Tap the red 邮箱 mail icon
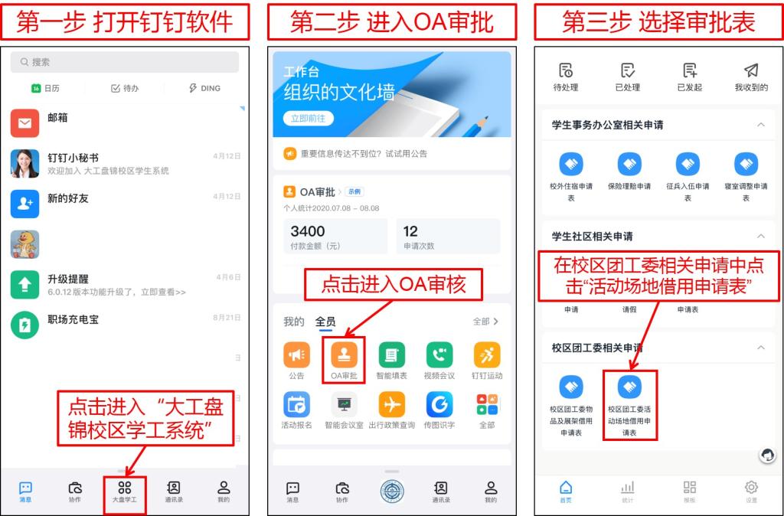[24, 123]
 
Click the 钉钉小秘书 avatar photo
[24, 164]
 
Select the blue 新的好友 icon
[24, 204]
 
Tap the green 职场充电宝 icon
[24, 325]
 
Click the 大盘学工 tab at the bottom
[125, 492]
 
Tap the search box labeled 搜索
[125, 62]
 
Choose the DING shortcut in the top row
[204, 88]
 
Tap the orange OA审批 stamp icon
[344, 354]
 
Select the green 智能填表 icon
[391, 354]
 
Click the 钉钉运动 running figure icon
[487, 354]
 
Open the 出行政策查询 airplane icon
[391, 404]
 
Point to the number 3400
[308, 231]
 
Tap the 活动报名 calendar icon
[296, 404]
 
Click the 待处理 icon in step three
[566, 70]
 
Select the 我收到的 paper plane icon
[751, 70]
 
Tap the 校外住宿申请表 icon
[571, 164]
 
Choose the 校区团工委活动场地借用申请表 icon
[629, 387]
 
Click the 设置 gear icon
[751, 487]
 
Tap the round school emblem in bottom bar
[392, 491]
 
